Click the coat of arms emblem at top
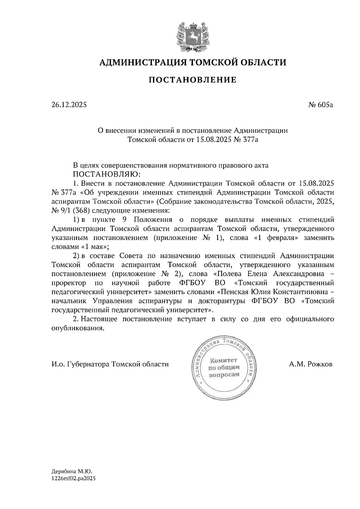(193, 36)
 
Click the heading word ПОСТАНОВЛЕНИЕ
(193, 80)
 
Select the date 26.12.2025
(69, 105)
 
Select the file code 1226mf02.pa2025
(73, 479)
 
